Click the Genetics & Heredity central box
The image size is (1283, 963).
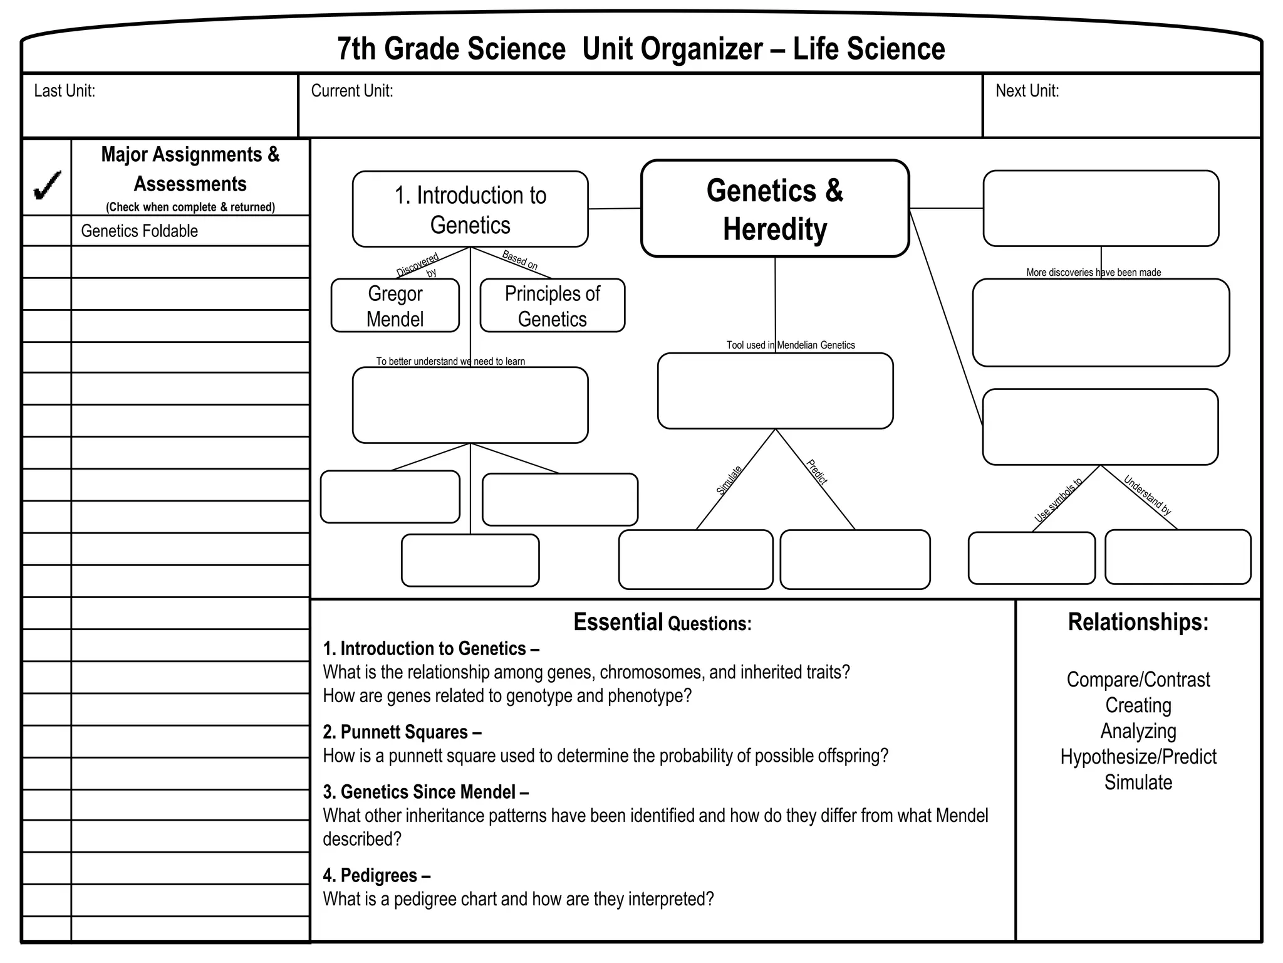click(775, 209)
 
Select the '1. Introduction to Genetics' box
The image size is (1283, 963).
click(470, 209)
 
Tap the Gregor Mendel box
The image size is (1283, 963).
click(395, 306)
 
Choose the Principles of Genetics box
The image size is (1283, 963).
click(552, 306)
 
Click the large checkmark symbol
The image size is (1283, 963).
click(48, 185)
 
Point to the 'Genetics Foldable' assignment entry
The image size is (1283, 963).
click(139, 231)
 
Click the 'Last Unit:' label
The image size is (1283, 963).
click(65, 92)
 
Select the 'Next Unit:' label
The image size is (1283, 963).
click(1027, 92)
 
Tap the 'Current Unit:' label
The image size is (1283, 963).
click(352, 92)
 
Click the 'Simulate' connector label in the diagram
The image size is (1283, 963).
click(729, 480)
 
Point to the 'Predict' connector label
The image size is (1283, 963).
click(817, 472)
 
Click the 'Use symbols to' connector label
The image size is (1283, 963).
click(1058, 500)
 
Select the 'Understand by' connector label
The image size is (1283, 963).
click(1147, 495)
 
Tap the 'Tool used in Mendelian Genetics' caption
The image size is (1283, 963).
click(791, 345)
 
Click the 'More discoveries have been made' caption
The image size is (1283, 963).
click(1093, 273)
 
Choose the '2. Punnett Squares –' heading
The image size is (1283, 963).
click(402, 732)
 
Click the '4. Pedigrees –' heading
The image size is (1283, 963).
click(377, 875)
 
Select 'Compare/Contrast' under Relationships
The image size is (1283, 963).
click(1138, 680)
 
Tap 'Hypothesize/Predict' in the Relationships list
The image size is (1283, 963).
click(1138, 757)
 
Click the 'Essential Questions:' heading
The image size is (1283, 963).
click(662, 623)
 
